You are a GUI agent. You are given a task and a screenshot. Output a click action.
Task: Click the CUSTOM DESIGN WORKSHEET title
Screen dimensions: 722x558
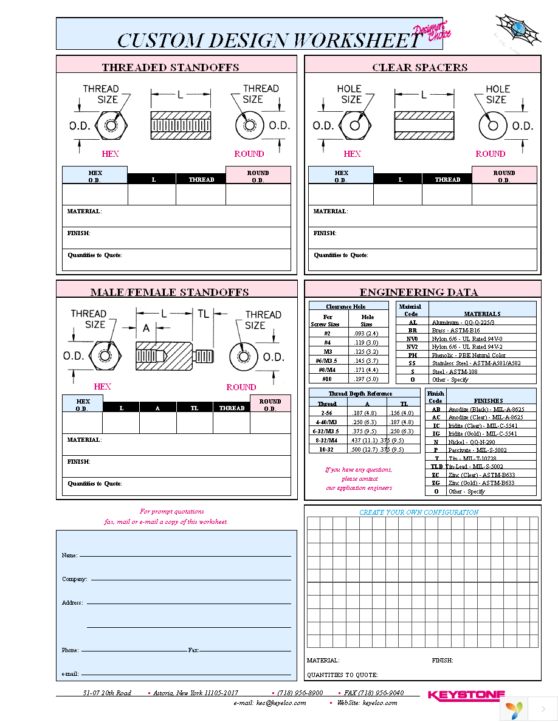(x=267, y=40)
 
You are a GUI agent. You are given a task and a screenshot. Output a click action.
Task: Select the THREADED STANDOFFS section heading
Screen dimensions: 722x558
(x=170, y=67)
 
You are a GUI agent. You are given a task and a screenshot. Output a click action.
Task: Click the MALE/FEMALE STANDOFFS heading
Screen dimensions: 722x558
(x=170, y=292)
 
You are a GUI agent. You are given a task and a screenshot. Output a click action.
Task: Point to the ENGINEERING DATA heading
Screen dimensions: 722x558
(x=418, y=292)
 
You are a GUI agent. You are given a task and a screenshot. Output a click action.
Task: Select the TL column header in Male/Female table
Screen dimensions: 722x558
(x=195, y=408)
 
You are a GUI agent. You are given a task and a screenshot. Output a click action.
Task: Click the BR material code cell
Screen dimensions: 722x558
(x=412, y=330)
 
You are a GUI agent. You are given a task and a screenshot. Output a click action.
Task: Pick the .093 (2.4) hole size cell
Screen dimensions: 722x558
(x=367, y=334)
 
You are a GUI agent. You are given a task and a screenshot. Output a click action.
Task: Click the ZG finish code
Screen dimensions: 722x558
(x=436, y=483)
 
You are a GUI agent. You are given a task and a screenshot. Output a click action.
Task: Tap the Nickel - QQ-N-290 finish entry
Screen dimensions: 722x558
(x=473, y=442)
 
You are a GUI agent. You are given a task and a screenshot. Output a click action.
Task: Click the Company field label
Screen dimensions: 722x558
(x=74, y=579)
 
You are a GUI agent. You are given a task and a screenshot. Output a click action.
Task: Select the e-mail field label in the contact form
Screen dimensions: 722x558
(x=70, y=673)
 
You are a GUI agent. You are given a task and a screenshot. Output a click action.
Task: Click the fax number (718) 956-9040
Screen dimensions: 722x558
(x=373, y=693)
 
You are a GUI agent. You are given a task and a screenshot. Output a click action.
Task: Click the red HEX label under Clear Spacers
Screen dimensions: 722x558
(x=352, y=154)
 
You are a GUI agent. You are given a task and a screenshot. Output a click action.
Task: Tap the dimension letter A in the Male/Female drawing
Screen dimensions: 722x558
(x=146, y=328)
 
